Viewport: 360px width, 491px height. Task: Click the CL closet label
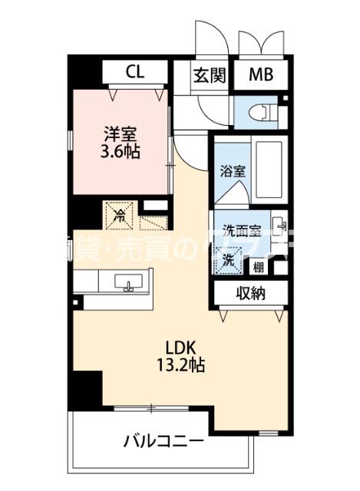[135, 73]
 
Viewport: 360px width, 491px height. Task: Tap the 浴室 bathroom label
[233, 170]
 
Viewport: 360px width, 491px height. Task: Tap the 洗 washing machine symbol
[228, 260]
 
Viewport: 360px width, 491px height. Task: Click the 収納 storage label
[250, 292]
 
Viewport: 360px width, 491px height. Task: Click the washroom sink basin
[280, 226]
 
